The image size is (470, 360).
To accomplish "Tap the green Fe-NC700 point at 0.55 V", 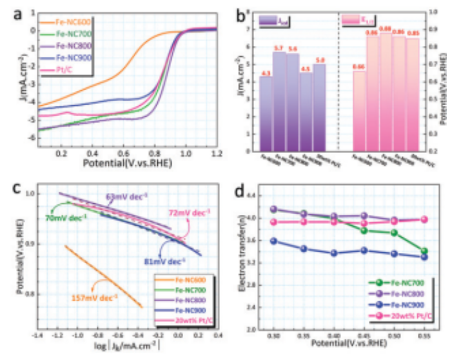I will (423, 251).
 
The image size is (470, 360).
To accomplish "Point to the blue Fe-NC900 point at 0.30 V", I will (273, 241).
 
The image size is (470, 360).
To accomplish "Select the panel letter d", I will (242, 192).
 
